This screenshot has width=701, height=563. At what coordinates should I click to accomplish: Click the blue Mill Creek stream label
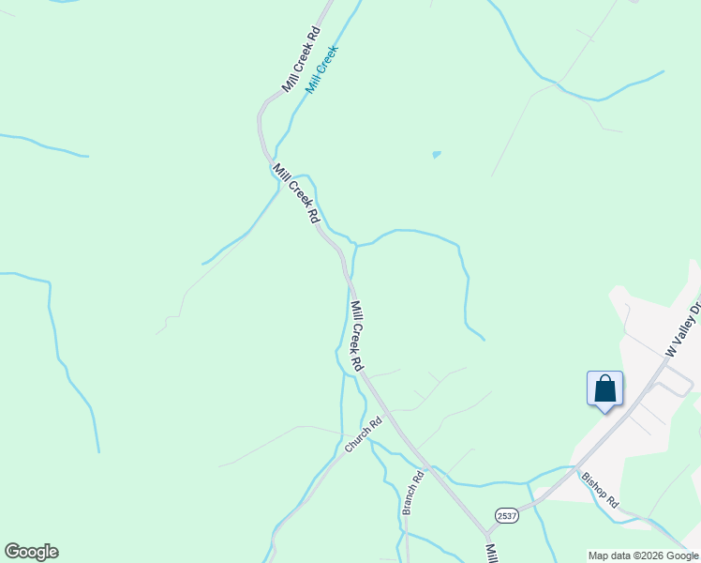[x=321, y=68]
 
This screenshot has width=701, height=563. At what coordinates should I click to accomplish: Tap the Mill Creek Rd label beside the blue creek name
[x=301, y=59]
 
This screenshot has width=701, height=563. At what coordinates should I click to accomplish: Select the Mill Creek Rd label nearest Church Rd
[x=356, y=333]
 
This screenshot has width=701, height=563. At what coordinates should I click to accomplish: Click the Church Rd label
[x=365, y=436]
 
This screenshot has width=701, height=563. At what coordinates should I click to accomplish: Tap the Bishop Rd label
[x=600, y=489]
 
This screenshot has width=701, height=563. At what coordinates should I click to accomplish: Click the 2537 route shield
[x=507, y=516]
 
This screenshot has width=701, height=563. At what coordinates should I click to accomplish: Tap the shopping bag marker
[x=604, y=388]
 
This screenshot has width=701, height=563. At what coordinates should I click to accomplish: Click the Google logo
[x=31, y=552]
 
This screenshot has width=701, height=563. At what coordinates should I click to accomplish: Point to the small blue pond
[x=436, y=154]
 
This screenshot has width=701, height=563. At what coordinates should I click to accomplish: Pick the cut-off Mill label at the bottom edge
[x=490, y=553]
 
